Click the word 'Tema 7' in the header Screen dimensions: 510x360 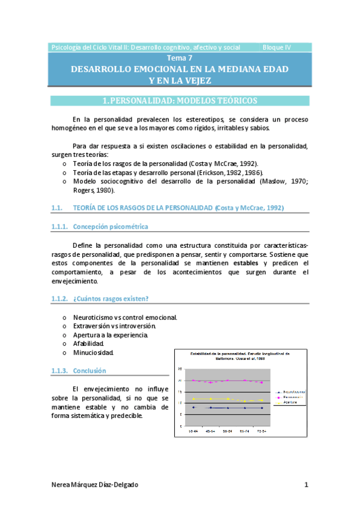click(180, 58)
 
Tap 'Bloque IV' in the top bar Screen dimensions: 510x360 click(277, 47)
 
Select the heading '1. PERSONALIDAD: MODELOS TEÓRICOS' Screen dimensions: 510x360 click(180, 100)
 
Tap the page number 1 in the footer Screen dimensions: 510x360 click(306, 485)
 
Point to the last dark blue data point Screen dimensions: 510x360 click(262, 408)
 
